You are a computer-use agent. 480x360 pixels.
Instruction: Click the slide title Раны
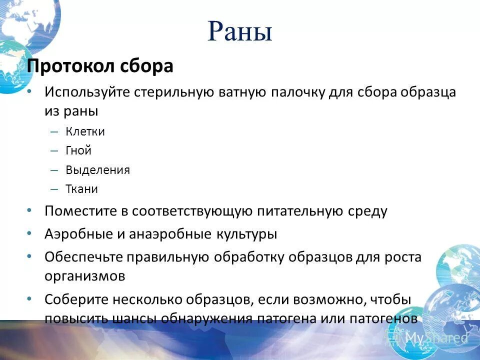pyautogui.click(x=239, y=32)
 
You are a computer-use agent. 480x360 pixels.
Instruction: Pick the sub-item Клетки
pyautogui.click(x=85, y=132)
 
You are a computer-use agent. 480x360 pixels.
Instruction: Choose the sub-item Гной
pyautogui.click(x=78, y=150)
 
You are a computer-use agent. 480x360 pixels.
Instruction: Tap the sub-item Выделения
pyautogui.click(x=97, y=170)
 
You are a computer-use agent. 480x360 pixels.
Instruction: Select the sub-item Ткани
pyautogui.click(x=81, y=189)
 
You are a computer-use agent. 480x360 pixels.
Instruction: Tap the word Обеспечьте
pyautogui.click(x=83, y=257)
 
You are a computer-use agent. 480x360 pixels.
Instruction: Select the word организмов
pyautogui.click(x=84, y=276)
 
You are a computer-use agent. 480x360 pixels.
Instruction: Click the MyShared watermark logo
pyautogui.click(x=430, y=338)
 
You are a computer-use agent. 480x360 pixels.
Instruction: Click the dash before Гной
pyautogui.click(x=54, y=151)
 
